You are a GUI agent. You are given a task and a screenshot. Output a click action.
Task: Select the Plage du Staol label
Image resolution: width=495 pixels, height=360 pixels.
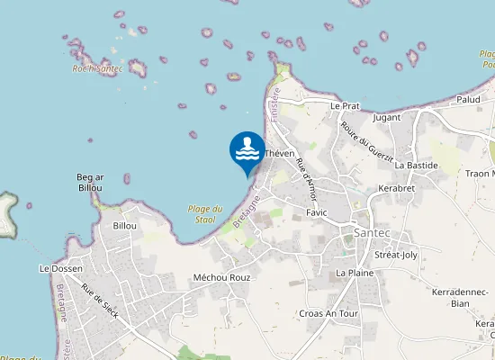coord(205,213)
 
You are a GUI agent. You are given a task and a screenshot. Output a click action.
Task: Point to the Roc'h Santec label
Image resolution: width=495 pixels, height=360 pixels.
coord(97,68)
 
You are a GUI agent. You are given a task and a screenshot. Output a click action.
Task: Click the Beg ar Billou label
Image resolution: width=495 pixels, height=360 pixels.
coord(89,183)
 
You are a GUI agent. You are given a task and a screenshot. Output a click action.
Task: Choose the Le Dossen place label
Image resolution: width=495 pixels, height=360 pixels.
coord(60,268)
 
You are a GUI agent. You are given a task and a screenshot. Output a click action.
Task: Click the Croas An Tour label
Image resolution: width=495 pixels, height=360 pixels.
coord(328,313)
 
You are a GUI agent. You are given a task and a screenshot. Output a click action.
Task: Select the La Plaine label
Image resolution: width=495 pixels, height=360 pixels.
coord(355,272)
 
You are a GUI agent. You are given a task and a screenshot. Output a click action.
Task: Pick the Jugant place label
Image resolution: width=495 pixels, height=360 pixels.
coord(386,118)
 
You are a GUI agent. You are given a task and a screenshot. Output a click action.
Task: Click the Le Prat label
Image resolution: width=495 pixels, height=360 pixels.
coord(345,105)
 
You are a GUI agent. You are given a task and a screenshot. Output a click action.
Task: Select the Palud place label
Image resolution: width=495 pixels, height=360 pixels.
coord(468,99)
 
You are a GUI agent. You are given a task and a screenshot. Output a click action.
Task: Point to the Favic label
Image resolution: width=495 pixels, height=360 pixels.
coord(316,212)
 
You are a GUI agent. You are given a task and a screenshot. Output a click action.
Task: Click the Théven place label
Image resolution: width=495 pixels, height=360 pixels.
coord(280,154)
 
